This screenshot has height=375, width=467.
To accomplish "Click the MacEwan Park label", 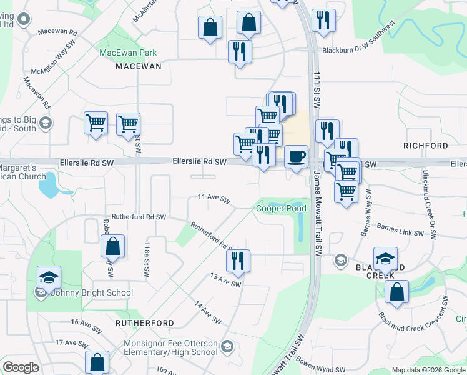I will coord(128,53).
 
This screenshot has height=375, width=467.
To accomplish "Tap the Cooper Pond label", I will coord(280,208).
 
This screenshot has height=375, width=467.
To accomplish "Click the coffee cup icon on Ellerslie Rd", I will coord(297,156).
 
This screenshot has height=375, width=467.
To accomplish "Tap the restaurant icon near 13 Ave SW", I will coord(237,261).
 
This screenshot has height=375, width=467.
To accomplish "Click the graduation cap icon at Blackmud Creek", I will coord(386,258).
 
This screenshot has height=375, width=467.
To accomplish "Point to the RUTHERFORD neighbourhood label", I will coord(145,323).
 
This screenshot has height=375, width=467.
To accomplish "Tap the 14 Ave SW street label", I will coord(209,312).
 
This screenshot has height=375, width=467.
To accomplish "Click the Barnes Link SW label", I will coord(401,232).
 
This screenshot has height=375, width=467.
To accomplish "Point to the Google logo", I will coord(21,367).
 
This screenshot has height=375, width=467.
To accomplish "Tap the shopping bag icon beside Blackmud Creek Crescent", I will coord(396,291).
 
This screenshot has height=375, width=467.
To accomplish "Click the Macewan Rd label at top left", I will coord(57,31).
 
